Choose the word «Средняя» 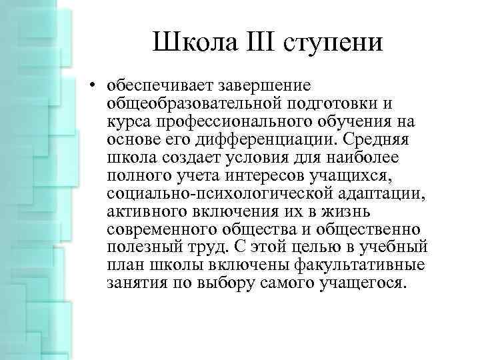[x=388, y=141]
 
